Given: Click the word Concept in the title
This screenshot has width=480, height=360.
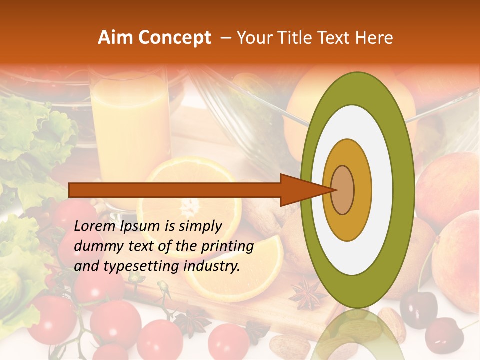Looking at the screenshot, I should point(174,38).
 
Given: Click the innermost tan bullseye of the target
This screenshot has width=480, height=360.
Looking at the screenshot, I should point(342,190).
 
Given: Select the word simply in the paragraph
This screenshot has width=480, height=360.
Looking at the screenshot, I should point(200,226).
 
